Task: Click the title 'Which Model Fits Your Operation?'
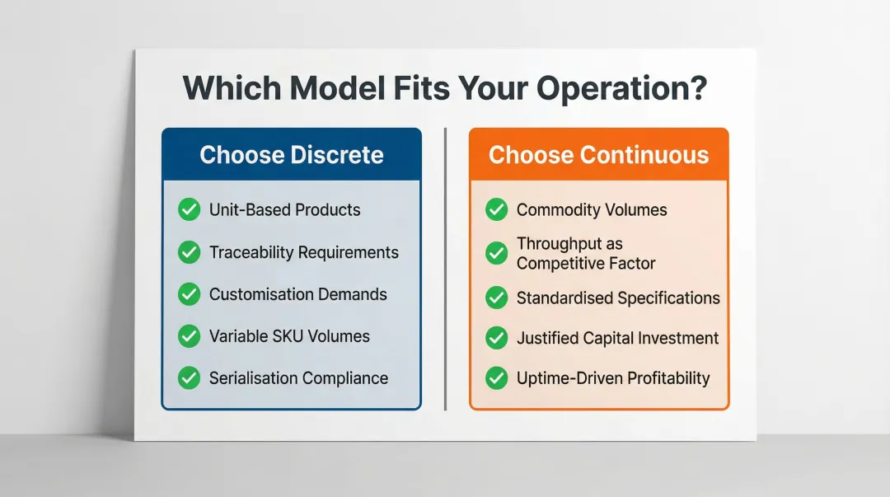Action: [x=444, y=88]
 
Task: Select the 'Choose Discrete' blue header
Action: [x=291, y=155]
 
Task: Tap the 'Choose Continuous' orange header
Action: [x=598, y=155]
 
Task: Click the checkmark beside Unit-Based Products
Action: [x=190, y=209]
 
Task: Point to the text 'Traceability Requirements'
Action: [x=303, y=252]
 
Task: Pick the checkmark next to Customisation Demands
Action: [x=190, y=294]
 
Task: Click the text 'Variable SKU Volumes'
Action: [x=289, y=336]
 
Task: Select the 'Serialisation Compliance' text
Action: [x=298, y=378]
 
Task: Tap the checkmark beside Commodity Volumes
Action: [x=496, y=209]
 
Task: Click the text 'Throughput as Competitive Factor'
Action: [x=585, y=254]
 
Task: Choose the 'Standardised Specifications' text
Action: [x=618, y=298]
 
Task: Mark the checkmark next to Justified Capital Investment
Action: [x=496, y=338]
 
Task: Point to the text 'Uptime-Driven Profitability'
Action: [x=613, y=378]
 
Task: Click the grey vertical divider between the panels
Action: [x=445, y=268]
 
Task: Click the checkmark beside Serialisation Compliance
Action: [x=190, y=378]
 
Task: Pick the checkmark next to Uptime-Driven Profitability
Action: [x=496, y=378]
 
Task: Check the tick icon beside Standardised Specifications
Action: [x=496, y=298]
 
